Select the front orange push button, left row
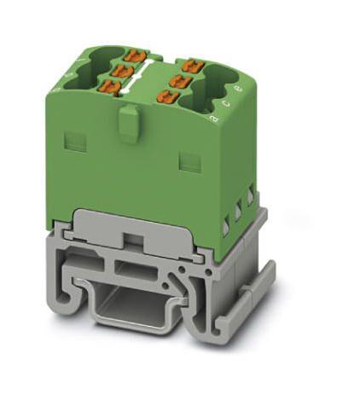pyautogui.click(x=110, y=85)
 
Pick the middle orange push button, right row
pyautogui.click(x=180, y=79)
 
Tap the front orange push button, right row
pyautogui.click(x=166, y=96)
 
